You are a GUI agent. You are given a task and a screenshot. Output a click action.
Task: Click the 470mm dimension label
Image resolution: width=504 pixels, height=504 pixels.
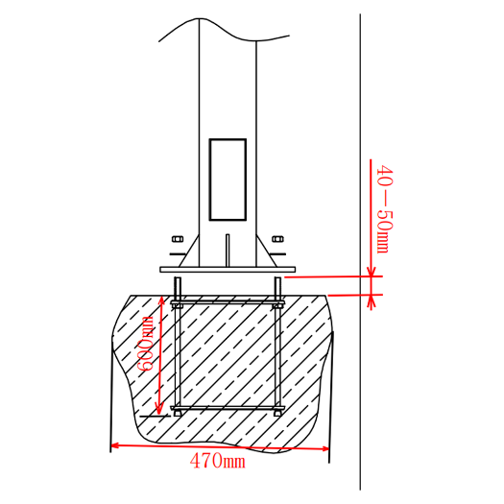[x=217, y=462]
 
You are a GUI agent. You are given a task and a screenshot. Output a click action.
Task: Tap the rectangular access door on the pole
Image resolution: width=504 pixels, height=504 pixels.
[x=228, y=180]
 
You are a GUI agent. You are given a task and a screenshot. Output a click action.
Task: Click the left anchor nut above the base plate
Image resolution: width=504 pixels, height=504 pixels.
[x=178, y=239]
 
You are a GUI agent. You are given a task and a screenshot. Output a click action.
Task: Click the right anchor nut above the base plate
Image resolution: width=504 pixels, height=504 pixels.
[x=278, y=239]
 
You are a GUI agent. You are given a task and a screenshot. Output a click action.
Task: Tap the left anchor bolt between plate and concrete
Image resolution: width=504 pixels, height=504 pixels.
[x=178, y=285]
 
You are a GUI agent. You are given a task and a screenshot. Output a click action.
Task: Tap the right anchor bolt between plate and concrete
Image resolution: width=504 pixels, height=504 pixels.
[x=278, y=285]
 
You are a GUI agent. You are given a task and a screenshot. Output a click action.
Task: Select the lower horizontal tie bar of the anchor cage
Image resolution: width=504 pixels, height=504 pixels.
[x=228, y=409]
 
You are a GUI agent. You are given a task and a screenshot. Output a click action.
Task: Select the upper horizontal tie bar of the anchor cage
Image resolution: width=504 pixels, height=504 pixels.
[x=228, y=302]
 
